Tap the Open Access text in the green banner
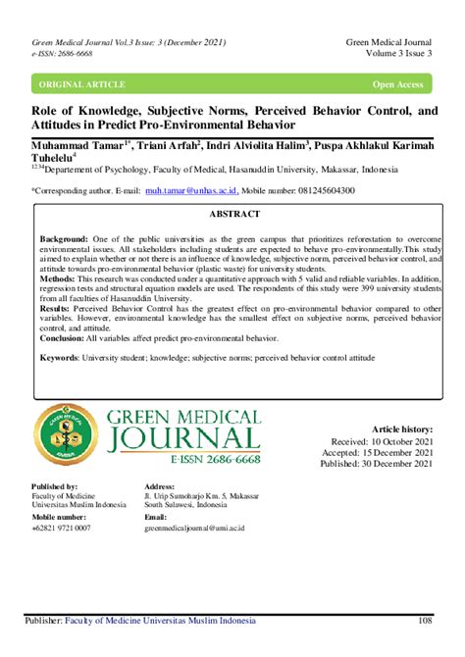397,84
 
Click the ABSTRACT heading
233,214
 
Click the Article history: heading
402,430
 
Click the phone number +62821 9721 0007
66,528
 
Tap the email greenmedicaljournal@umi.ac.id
194,528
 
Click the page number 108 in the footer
425,621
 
